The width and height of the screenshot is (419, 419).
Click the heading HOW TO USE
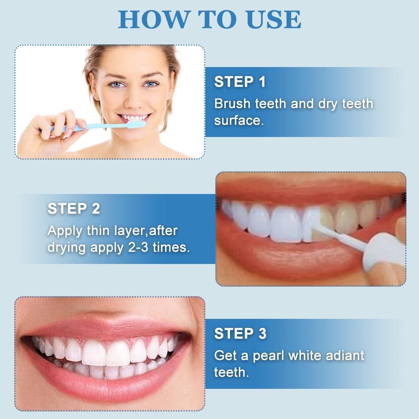click(209, 19)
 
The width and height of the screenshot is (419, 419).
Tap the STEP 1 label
click(240, 82)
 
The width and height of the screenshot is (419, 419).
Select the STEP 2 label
click(74, 208)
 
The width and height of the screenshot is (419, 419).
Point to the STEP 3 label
click(240, 334)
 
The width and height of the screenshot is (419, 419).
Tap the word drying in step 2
click(67, 247)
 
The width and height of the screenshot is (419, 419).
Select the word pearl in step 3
click(270, 355)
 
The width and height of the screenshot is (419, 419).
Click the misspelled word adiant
click(342, 355)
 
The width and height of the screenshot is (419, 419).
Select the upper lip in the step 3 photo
click(105, 323)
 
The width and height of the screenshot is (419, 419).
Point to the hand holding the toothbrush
click(54, 130)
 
